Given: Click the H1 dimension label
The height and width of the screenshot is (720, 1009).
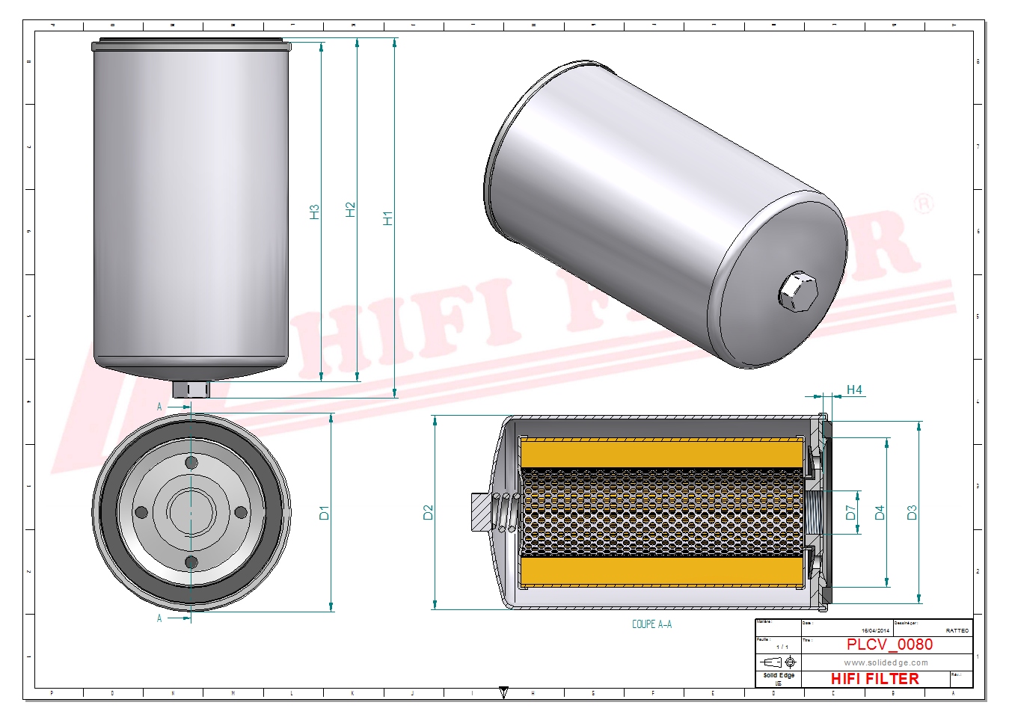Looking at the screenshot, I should point(387,218).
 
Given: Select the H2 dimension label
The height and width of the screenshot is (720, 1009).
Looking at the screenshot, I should point(351,210).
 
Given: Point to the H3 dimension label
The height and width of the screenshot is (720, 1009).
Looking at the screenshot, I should point(315,212).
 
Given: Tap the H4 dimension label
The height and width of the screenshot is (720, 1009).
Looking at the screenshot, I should point(854,390).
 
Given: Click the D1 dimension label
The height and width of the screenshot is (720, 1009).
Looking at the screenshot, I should point(324,513).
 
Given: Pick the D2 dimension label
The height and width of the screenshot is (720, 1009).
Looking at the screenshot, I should point(428,513).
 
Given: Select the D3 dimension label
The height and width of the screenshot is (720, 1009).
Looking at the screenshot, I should point(911,513).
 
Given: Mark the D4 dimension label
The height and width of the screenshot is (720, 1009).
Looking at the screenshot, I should point(880,513).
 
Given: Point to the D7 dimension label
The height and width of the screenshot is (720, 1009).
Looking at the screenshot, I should point(850,513).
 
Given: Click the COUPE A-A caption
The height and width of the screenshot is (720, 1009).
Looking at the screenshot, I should point(651,624).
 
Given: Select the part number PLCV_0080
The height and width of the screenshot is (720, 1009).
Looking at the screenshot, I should point(889,644).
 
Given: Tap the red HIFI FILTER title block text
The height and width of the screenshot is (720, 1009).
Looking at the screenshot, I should point(874,679).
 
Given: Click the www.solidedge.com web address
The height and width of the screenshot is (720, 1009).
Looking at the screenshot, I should point(886,662).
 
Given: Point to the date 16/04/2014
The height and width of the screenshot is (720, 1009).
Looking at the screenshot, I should point(875,631).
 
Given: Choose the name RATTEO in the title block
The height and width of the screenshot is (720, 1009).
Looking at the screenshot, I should point(957,631).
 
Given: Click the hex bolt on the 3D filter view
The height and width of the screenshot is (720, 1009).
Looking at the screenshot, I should point(798,292).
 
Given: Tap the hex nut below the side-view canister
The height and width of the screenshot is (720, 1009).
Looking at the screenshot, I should point(191,390).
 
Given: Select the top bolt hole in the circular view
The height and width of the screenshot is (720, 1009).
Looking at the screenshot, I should point(191,463).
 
